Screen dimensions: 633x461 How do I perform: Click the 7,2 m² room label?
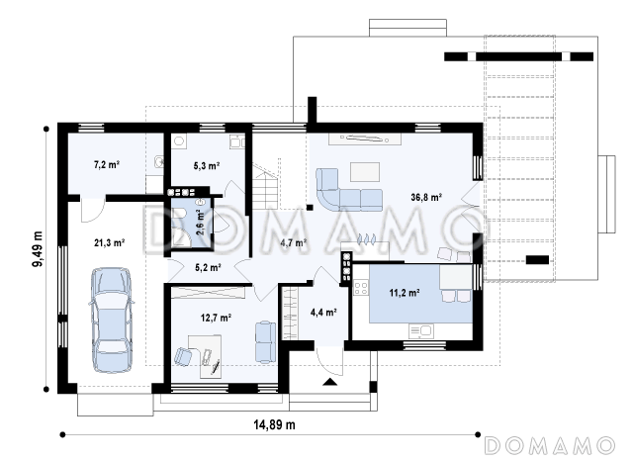(x=107, y=164)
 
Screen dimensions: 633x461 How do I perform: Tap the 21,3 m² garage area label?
(x=109, y=243)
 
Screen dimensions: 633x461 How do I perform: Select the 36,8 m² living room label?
(x=426, y=198)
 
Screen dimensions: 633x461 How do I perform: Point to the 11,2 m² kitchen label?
(x=405, y=293)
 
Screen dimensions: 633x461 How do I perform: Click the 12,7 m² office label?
(x=216, y=319)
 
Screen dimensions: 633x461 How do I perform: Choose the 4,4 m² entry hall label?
(x=323, y=312)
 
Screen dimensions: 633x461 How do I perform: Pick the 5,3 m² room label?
(x=207, y=165)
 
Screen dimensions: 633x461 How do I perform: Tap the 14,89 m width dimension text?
(x=274, y=424)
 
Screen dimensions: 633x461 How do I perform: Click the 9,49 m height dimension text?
(x=38, y=249)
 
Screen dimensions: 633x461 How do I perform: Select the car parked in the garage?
(x=111, y=320)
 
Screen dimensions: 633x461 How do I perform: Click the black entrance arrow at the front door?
(x=329, y=382)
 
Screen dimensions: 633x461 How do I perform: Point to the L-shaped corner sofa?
(x=347, y=190)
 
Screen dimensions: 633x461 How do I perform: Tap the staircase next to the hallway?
(x=266, y=187)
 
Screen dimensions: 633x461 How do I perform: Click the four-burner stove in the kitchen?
(x=360, y=288)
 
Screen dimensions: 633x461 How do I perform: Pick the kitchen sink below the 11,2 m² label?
(x=420, y=331)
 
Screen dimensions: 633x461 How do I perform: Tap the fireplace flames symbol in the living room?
(x=367, y=239)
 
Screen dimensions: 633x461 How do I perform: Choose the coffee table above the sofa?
(x=365, y=172)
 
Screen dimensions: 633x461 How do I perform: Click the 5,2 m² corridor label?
(x=208, y=268)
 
